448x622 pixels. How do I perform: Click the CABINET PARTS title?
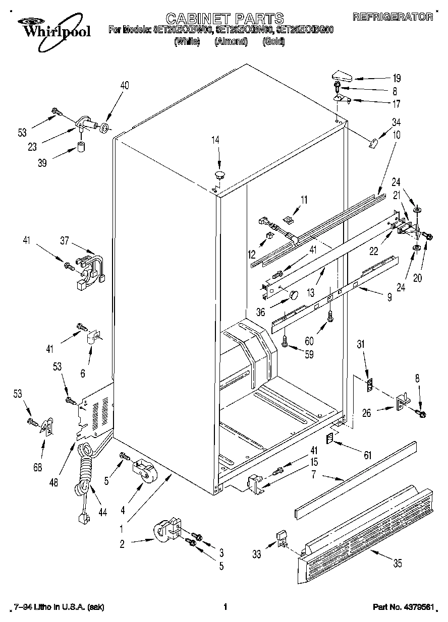coord(225,19)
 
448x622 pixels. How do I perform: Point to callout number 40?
coord(124,86)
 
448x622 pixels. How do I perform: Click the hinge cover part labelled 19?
coord(341,76)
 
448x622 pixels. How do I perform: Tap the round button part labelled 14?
coord(219,175)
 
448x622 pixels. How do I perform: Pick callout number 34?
coord(397,121)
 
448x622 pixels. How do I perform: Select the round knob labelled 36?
coord(292,294)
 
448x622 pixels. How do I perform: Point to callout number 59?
coord(309,354)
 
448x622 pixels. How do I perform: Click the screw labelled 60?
coord(330,317)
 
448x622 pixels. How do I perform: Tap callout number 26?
coord(366,413)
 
